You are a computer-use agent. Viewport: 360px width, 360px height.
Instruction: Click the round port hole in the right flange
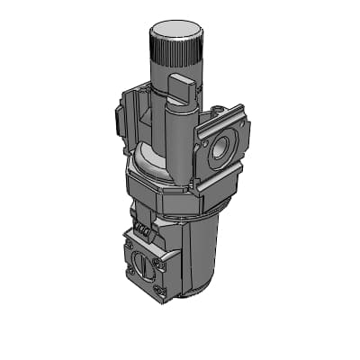[x=219, y=151]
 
